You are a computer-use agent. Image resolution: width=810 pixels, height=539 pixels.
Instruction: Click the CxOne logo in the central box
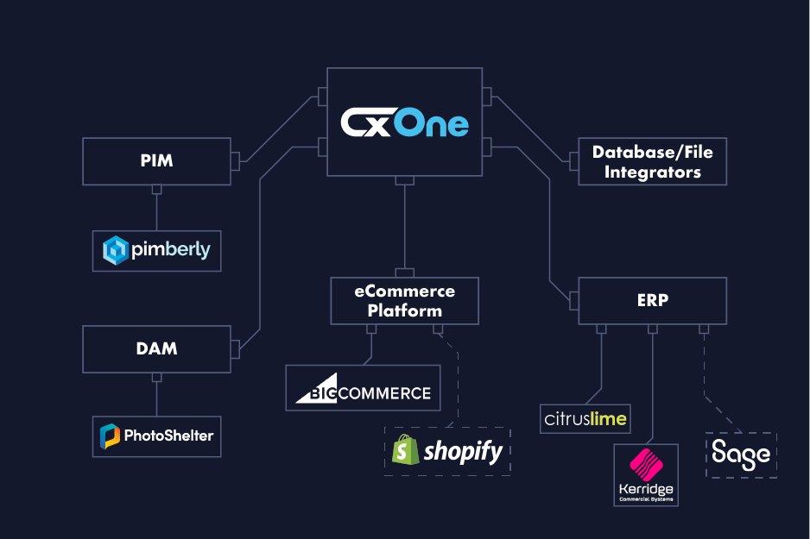click(x=404, y=122)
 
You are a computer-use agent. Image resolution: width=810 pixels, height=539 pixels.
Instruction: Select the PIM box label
click(x=155, y=160)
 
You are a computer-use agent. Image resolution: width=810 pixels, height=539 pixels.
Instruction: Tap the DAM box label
click(x=156, y=348)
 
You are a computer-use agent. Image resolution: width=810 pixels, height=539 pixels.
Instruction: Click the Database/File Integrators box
click(x=652, y=161)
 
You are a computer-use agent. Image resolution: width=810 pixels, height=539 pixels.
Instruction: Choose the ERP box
click(x=652, y=302)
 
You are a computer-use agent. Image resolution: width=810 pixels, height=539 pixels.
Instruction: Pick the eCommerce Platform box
click(x=404, y=300)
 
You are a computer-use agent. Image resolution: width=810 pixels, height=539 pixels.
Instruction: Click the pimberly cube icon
click(x=116, y=251)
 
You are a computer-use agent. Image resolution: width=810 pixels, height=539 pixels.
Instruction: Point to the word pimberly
click(x=171, y=251)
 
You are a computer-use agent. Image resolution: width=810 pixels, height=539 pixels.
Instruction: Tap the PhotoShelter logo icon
click(x=111, y=437)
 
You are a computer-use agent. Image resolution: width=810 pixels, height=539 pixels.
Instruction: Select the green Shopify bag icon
click(x=405, y=450)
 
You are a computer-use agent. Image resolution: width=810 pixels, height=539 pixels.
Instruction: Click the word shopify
click(x=463, y=451)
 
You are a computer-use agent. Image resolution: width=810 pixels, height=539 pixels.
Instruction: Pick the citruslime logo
click(x=585, y=419)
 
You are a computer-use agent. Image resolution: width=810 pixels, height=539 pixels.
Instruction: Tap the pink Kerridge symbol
click(x=645, y=466)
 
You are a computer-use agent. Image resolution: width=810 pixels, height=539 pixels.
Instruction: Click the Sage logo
click(x=741, y=454)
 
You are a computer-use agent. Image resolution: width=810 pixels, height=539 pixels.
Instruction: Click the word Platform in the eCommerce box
click(x=405, y=310)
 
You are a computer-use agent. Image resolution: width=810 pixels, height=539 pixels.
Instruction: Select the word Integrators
click(x=652, y=172)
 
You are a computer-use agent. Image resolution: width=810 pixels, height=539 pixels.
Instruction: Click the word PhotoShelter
click(x=168, y=437)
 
